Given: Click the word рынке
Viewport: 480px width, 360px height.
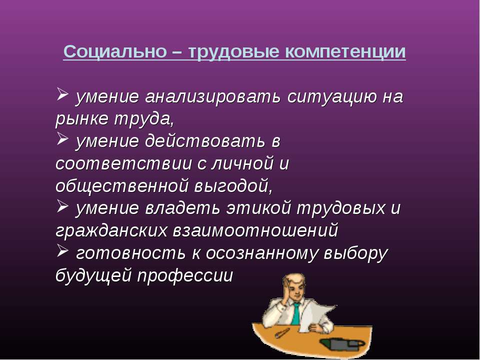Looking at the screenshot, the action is pos(82,119).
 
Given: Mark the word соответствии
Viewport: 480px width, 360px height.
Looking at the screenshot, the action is pos(123,164).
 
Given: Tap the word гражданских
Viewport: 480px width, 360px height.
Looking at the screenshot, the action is pos(111,231).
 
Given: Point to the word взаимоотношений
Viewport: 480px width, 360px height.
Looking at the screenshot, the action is pos(255,231).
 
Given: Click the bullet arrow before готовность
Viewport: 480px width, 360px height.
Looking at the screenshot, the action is pos(62,251).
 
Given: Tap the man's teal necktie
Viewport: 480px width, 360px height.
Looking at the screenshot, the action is pos(296,313).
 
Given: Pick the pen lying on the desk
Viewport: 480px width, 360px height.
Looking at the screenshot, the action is pos(282,333).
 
